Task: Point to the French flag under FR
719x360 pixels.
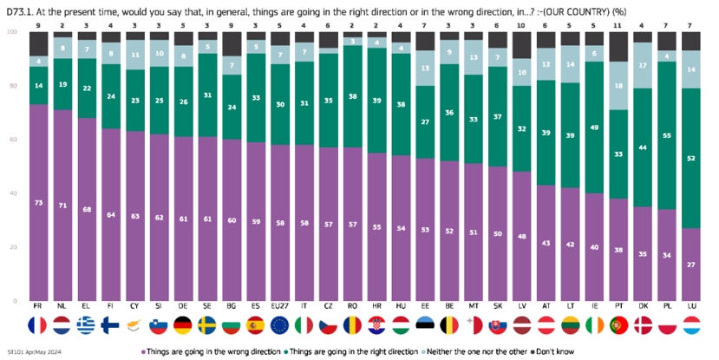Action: click(x=38, y=328)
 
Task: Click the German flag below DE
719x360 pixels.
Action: click(x=183, y=328)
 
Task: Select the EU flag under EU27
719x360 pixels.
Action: click(x=280, y=328)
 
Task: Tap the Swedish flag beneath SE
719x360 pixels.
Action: click(x=207, y=328)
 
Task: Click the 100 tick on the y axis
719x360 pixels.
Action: click(x=11, y=32)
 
